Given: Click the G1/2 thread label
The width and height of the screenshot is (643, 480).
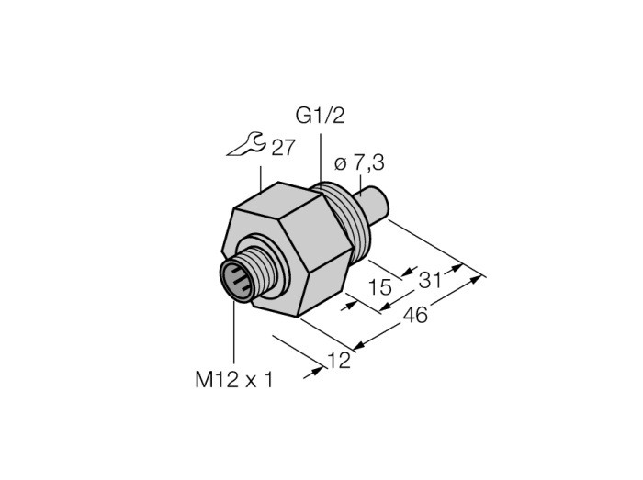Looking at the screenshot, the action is [320, 116].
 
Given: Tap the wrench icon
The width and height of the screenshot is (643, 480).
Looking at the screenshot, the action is [247, 145].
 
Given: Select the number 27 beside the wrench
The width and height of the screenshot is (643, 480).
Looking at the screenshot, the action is [283, 148].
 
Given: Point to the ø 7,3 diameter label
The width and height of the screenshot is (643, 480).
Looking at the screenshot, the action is [359, 163].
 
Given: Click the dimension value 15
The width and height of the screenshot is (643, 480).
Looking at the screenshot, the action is [380, 287].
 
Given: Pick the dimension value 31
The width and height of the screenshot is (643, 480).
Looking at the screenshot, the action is [430, 281].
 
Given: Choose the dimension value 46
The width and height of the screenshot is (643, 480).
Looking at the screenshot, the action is [415, 316].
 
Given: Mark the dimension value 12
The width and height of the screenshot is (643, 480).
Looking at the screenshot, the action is [340, 361].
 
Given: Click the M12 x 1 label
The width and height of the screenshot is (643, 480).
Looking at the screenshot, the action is [233, 380].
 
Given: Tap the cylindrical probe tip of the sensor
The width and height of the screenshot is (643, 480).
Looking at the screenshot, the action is [374, 205].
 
